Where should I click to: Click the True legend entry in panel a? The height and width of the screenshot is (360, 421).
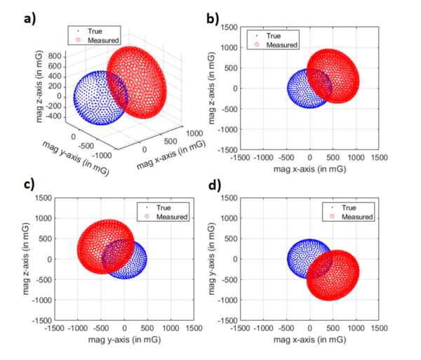[x=92, y=31]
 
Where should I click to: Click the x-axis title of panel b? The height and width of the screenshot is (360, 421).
[x=309, y=169]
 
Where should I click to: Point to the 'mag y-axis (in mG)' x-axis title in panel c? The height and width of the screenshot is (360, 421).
[x=124, y=340]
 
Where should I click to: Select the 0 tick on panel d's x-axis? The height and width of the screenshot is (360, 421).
[x=309, y=328]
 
